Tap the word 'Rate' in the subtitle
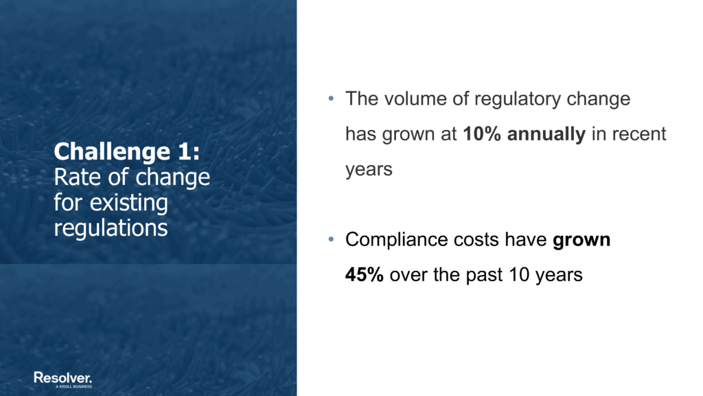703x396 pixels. pos(72,177)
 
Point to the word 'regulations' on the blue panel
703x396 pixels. pos(111,228)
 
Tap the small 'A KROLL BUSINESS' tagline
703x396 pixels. pos(74,387)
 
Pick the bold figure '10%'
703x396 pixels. pos(483,134)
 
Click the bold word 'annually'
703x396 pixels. pos(546,134)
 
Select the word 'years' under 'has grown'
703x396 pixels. pos(369,169)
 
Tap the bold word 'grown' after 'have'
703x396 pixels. pos(581,240)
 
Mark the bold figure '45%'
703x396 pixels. pos(364,275)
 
